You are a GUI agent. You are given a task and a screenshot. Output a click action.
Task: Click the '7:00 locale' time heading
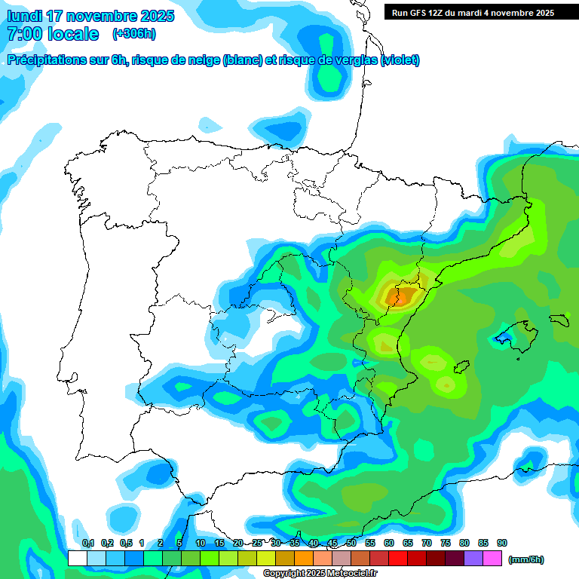pos(52,34)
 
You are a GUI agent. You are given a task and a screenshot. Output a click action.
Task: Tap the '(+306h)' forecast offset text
pos(134,34)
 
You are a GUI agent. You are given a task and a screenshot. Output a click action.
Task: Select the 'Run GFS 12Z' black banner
pos(473,12)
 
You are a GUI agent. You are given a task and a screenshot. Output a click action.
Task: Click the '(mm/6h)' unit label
pos(526,559)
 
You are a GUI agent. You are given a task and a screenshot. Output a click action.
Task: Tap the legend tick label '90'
pos(502,543)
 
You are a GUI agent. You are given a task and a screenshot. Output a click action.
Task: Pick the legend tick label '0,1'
pos(88,543)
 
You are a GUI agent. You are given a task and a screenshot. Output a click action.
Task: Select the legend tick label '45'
pos(332,543)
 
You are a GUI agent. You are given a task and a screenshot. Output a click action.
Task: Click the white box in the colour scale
pos(77,558)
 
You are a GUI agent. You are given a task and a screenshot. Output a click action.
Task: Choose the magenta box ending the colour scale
pos(492,558)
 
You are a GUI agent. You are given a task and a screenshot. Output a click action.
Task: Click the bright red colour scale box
pos(398,558)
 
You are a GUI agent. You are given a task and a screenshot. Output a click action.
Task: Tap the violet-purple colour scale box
pos(473,558)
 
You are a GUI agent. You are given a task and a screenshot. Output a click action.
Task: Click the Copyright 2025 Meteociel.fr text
pos(320,573)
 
